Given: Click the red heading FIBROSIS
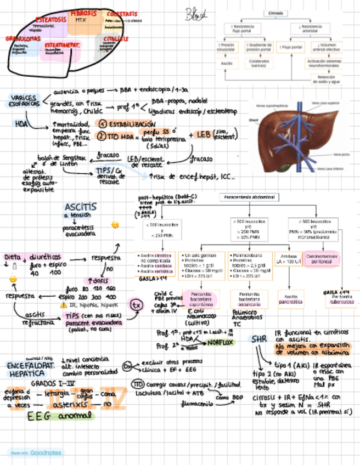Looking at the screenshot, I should (83, 13).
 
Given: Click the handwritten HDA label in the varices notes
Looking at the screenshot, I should (22, 123).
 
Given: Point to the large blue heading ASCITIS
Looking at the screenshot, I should (80, 207).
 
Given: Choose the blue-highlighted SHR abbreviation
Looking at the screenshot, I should (258, 339).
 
